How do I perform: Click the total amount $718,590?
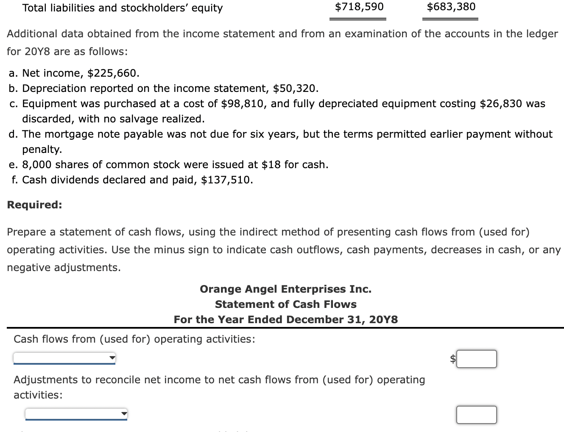[359, 7]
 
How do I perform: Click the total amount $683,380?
[451, 7]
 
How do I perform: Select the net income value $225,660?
[113, 73]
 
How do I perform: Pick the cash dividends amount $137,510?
[226, 180]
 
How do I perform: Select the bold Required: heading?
[34, 205]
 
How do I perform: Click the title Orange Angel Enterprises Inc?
[285, 289]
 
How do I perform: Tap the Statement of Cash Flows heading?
[285, 305]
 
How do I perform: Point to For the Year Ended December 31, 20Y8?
[285, 320]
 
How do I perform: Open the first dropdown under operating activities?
[64, 358]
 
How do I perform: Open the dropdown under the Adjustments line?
[76, 414]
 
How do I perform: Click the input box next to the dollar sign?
[477, 359]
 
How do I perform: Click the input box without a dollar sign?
[477, 415]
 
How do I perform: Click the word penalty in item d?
[42, 150]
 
